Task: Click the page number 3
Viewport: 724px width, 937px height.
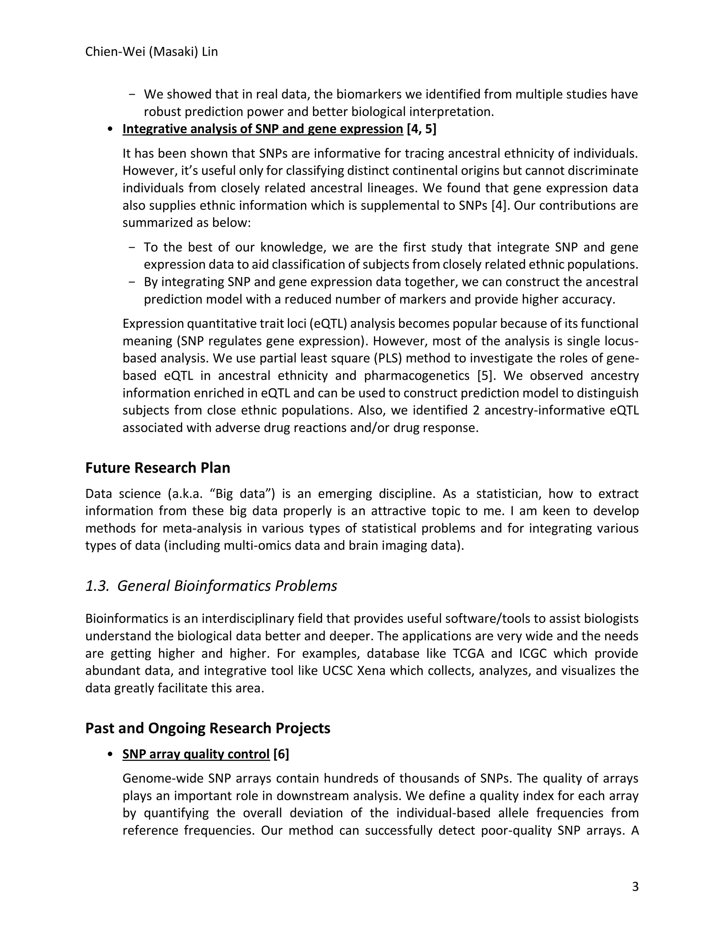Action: (635, 887)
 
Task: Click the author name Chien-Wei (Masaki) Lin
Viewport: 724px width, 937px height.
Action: (151, 52)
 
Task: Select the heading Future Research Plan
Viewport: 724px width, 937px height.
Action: (157, 468)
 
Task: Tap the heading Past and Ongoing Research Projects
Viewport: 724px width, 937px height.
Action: (208, 728)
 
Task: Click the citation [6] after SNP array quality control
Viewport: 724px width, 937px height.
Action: (281, 754)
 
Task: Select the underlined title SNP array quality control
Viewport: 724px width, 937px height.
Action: (195, 754)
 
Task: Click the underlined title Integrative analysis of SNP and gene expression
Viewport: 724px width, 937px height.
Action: (263, 129)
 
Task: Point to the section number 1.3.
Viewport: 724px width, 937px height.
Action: (97, 586)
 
